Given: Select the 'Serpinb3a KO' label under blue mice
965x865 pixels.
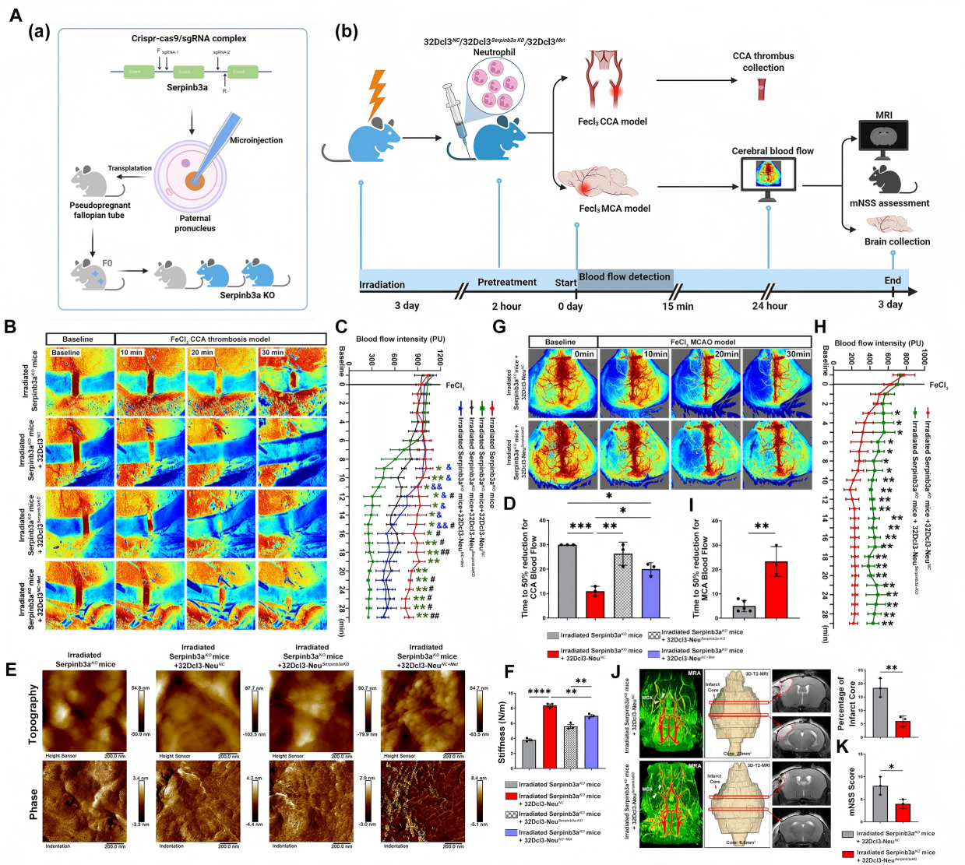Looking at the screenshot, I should click(247, 295).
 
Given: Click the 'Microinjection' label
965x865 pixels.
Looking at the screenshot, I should click(256, 140).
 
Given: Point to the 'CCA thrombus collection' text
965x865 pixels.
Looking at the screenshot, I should click(763, 62).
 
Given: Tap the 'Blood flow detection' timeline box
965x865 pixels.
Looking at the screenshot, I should click(625, 277).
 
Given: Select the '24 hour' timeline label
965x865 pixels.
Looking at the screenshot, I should click(770, 306).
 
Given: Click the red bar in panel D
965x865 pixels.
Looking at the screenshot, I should click(596, 604).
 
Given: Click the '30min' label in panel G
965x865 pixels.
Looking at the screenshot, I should click(798, 353).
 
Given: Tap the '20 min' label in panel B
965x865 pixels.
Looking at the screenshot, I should click(202, 353).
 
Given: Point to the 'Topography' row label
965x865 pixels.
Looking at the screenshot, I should click(33, 714).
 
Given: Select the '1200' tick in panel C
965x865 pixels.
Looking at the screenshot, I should click(440, 357).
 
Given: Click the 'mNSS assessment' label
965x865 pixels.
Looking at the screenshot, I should click(889, 203).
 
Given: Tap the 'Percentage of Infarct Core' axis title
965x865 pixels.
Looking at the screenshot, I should click(845, 703).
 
